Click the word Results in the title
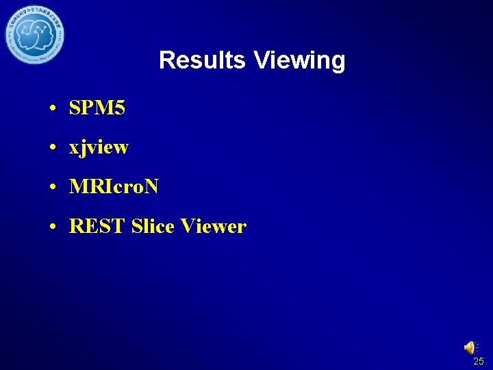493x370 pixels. (202, 60)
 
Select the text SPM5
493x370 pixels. (97, 108)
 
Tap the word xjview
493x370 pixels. (99, 148)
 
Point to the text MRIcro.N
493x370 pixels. (114, 187)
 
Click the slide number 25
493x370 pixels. (478, 361)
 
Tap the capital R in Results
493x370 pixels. (166, 60)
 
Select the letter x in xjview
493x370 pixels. (74, 149)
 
